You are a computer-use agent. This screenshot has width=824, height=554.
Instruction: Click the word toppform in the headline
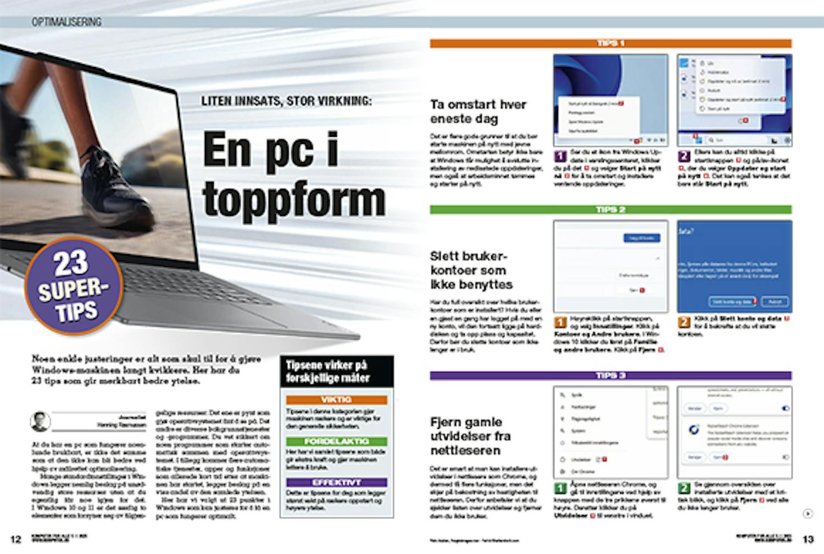coord(294,200)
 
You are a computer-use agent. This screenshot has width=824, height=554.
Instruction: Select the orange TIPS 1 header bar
coord(610,43)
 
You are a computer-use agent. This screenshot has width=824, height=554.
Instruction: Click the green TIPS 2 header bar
coord(610,210)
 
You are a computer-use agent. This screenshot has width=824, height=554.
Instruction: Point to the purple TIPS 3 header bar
coord(610,376)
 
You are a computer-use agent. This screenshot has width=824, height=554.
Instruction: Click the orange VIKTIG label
coord(336,400)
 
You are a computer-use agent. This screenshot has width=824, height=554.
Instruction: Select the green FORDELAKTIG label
coord(336,441)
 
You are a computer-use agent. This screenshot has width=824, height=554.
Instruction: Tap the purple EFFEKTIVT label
coord(336,483)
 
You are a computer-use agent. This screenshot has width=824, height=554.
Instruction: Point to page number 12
coord(16,539)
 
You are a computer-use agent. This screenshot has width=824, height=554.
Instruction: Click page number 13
coord(808,539)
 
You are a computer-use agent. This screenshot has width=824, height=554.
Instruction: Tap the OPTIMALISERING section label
coord(66,22)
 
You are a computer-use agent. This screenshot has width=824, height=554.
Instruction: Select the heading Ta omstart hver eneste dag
coord(478,111)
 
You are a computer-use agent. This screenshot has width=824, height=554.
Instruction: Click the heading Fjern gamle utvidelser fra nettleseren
coord(470,436)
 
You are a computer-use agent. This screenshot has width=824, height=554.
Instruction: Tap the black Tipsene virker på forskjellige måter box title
coord(337,372)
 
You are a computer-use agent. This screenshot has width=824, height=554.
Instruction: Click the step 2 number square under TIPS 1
coord(684,156)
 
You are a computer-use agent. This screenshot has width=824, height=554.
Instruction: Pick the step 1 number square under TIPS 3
coord(560,488)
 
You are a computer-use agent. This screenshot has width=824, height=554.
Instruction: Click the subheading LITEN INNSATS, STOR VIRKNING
coord(286,102)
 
